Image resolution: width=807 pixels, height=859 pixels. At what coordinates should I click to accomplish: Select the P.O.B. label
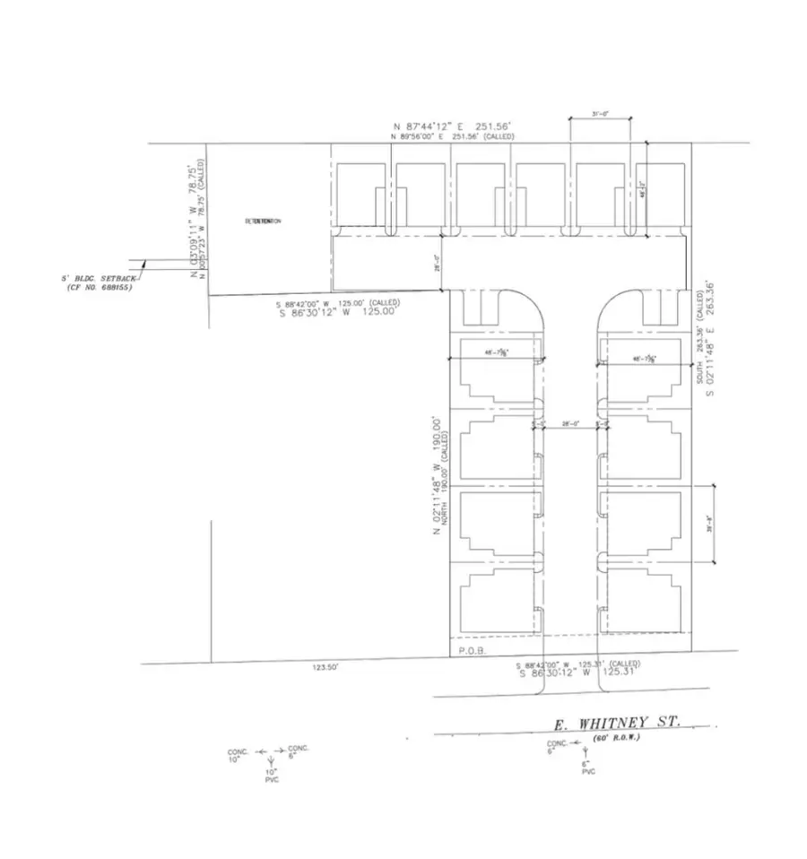click(x=472, y=652)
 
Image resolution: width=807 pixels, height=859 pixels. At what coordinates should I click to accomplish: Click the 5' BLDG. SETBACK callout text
click(x=100, y=282)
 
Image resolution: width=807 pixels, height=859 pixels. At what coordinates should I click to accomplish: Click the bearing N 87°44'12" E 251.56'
click(x=451, y=126)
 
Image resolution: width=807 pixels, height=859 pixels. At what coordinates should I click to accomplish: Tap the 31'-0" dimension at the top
click(x=601, y=113)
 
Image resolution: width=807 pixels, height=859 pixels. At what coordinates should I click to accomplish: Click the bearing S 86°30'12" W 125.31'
click(x=577, y=672)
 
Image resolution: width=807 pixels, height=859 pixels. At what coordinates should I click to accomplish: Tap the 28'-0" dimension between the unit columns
click(x=571, y=424)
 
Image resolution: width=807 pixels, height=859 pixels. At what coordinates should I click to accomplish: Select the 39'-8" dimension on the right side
click(x=708, y=525)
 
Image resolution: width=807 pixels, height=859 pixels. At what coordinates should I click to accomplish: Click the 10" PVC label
click(x=272, y=775)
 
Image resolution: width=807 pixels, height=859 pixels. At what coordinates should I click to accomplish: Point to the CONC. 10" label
click(x=237, y=755)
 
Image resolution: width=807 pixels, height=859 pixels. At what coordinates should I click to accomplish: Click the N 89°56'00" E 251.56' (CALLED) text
click(x=452, y=137)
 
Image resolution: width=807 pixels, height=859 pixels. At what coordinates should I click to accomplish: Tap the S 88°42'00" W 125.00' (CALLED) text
click(x=338, y=303)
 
